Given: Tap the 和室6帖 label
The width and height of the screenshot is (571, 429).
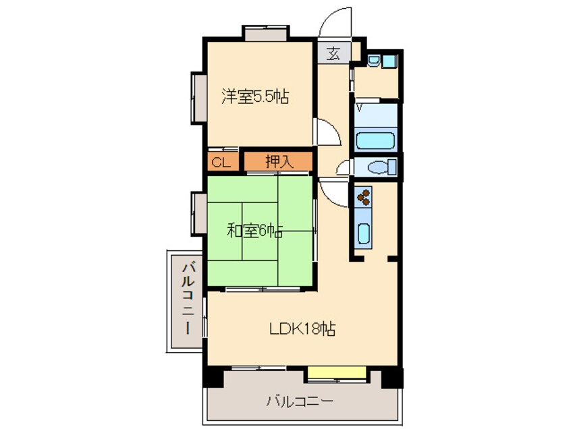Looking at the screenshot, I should click(x=254, y=231).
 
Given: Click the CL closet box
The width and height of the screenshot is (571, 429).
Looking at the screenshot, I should click(x=221, y=162).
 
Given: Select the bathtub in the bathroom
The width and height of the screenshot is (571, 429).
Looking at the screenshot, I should click(x=375, y=140).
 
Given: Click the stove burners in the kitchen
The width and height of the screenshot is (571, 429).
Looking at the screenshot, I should click(x=363, y=197).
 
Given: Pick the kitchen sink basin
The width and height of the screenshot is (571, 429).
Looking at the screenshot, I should click(x=363, y=234).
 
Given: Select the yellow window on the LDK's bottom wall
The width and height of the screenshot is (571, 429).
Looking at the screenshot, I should click(x=337, y=372).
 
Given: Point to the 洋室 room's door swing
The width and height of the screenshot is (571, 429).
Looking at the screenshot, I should click(x=327, y=132).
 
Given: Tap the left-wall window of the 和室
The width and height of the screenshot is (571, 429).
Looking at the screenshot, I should click(x=198, y=213).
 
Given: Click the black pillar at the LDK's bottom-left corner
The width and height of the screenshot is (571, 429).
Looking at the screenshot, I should click(x=212, y=376).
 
